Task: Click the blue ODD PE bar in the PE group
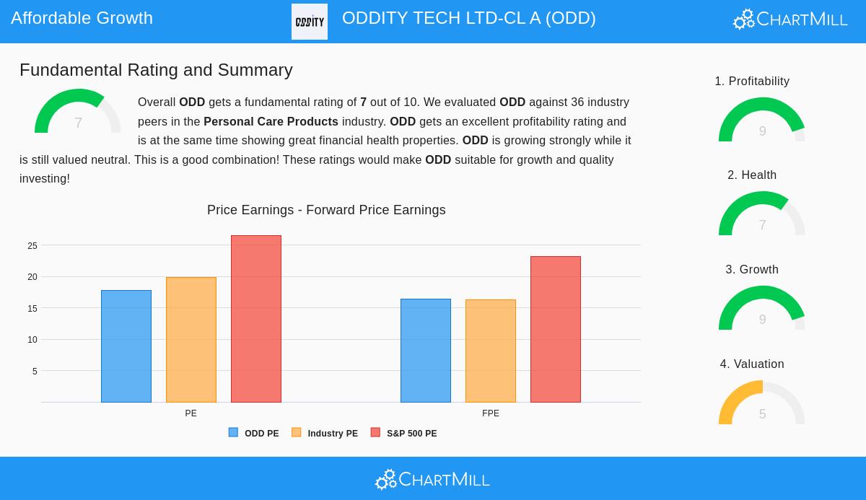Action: [126, 346]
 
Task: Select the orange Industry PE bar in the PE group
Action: [191, 340]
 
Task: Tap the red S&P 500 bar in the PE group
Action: [256, 319]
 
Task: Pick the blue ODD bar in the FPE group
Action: [426, 351]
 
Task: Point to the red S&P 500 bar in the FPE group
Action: [556, 329]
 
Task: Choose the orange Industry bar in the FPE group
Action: [491, 351]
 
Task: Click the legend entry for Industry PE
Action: [325, 433]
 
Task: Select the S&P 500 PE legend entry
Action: [404, 433]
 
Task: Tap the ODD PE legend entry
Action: [254, 433]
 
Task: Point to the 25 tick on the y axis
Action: [32, 246]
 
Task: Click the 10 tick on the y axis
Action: [32, 340]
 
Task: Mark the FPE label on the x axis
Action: [491, 413]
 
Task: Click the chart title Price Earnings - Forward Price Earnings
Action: [326, 210]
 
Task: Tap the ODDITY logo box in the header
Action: [310, 22]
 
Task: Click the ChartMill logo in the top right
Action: [790, 19]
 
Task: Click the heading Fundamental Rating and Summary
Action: [156, 70]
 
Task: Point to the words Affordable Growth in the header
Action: [82, 18]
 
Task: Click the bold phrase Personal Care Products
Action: [271, 121]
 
